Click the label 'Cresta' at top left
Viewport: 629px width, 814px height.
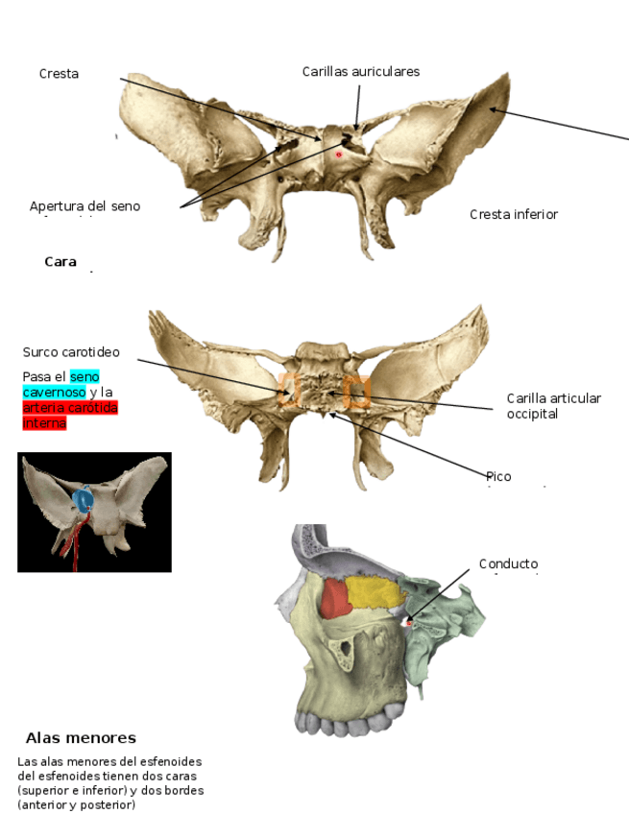[59, 74]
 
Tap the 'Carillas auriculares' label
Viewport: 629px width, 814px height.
[360, 72]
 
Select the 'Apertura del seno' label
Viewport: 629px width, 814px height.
[85, 206]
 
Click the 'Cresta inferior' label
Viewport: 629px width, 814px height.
[513, 214]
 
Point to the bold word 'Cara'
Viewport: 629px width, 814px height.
[60, 261]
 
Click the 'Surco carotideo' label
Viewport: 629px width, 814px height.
[71, 352]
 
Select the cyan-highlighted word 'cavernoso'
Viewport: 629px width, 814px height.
[54, 393]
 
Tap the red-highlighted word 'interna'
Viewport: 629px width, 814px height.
[44, 423]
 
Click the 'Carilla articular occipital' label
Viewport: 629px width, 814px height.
[553, 406]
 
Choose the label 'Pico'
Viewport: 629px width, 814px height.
[498, 477]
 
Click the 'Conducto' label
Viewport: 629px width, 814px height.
[508, 564]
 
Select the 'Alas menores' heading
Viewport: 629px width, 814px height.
[81, 738]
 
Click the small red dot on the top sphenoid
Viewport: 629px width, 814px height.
[338, 154]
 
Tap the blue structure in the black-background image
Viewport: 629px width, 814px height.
[84, 499]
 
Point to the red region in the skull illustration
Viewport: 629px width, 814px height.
[334, 599]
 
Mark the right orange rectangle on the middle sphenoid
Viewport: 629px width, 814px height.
[357, 391]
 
